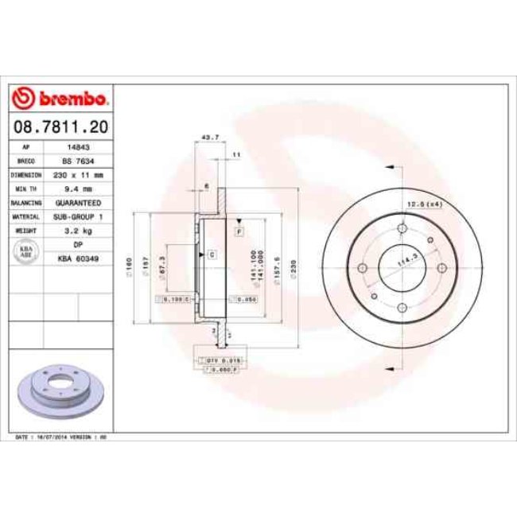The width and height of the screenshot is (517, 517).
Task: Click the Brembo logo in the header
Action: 61,98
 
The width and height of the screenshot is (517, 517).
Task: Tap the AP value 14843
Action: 78,147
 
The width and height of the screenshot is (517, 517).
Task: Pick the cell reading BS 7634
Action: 78,161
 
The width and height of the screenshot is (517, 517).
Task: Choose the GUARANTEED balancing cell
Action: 78,203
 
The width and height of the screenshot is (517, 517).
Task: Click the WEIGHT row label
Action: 27,230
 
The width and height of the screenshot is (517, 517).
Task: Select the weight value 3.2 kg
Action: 78,230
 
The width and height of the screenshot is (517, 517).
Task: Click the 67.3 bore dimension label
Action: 163,266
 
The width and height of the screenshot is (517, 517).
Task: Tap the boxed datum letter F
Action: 239,230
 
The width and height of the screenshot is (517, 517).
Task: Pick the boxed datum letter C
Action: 212,255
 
